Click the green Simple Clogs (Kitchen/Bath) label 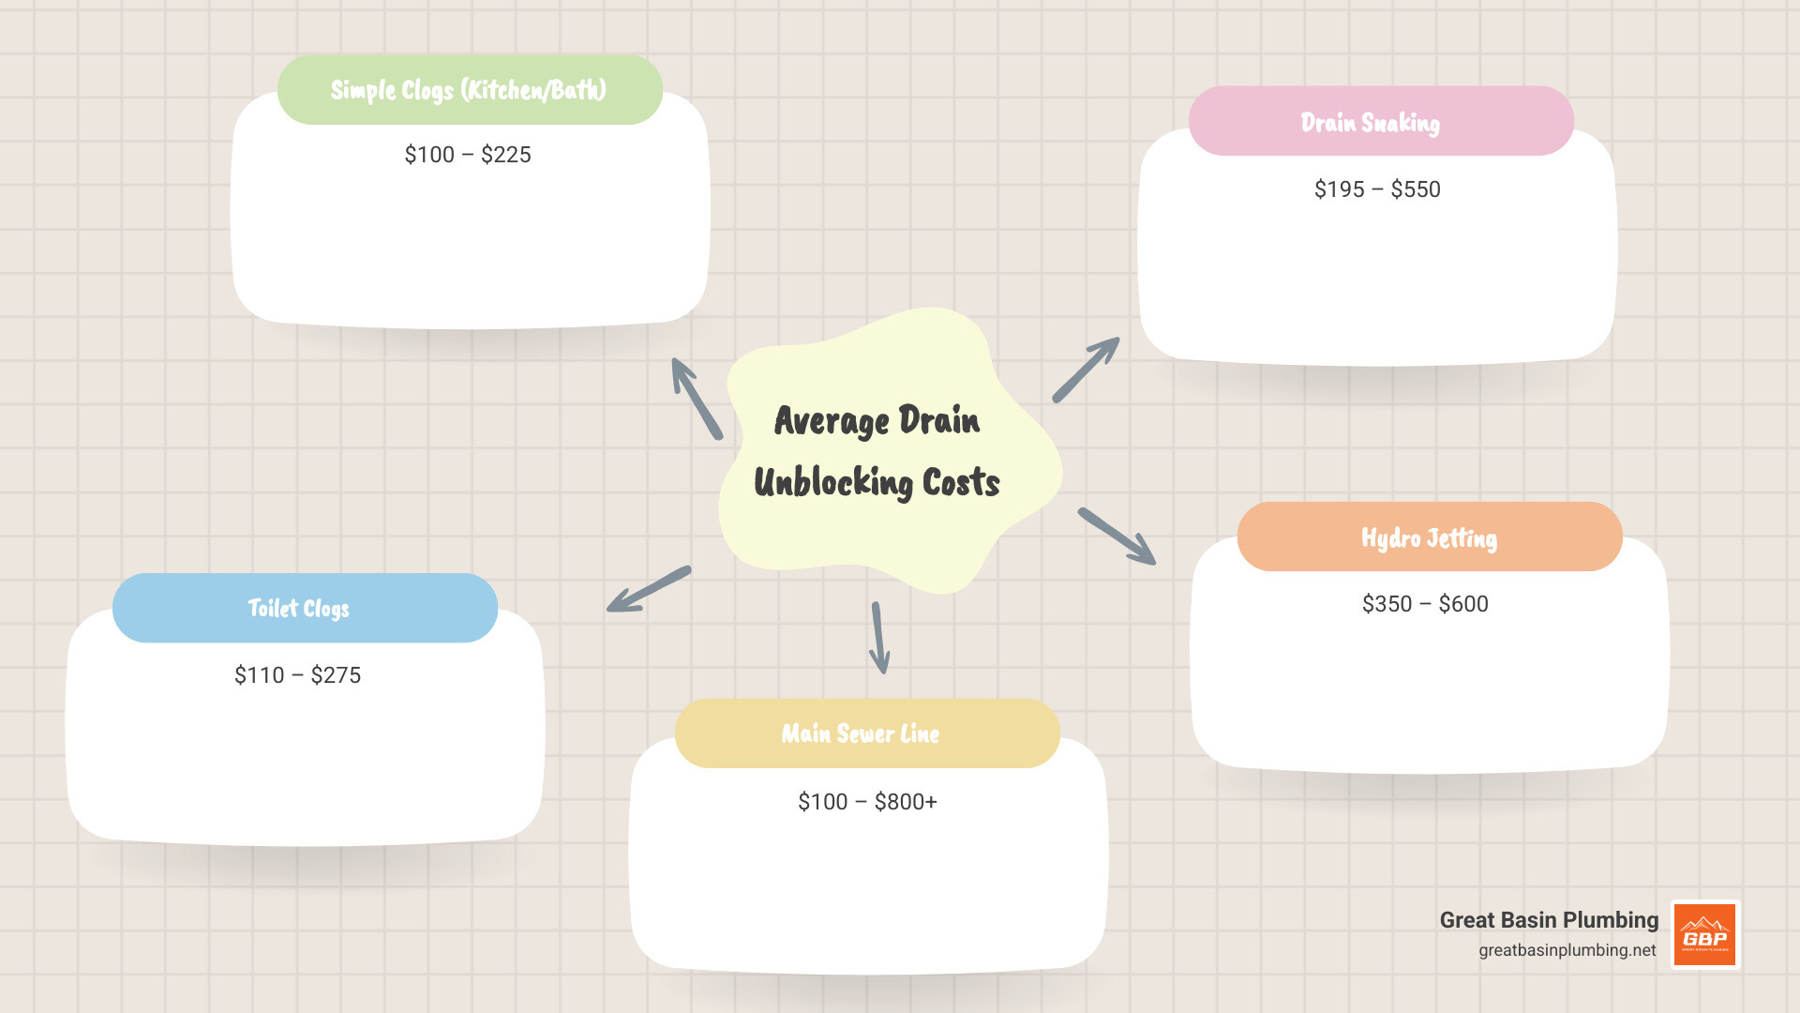(469, 90)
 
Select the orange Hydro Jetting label (1429, 537)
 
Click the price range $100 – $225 (468, 155)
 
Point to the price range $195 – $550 (1377, 189)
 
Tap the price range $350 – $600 (1425, 604)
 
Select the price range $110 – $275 (297, 675)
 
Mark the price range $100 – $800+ (867, 802)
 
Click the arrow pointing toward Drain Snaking (1086, 370)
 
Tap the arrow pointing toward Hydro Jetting (1117, 537)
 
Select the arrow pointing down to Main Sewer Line (879, 639)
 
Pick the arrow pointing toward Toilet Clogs (649, 589)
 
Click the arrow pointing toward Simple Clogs (697, 399)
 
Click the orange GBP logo (1705, 934)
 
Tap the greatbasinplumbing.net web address (1567, 950)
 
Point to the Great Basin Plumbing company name (1549, 920)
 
